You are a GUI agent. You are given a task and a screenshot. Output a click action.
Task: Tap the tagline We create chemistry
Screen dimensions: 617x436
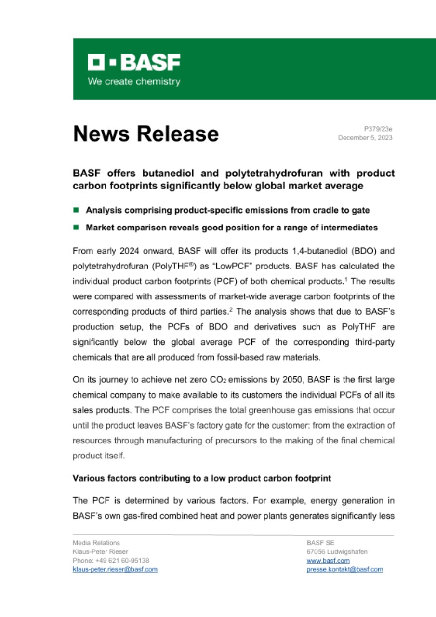coord(133,81)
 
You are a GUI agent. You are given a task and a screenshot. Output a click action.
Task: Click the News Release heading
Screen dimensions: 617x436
coord(145,134)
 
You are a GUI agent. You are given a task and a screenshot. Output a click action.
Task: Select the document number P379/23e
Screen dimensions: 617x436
coord(378,129)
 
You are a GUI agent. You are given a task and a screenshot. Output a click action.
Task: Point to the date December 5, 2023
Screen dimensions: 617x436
coord(365,138)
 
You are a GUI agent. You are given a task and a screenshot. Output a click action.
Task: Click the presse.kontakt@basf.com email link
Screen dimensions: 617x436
coord(344,569)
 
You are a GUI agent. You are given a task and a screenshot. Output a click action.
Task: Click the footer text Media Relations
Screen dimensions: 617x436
coord(93,543)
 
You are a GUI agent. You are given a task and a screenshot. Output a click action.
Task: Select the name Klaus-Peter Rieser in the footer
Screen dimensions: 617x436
coord(100,552)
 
